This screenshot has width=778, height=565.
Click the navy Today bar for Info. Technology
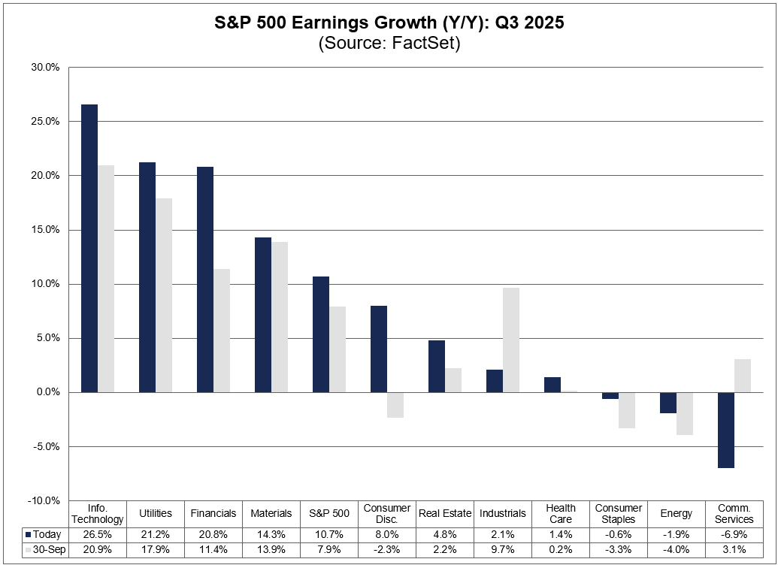[89, 248]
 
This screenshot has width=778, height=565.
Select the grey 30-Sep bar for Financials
[222, 331]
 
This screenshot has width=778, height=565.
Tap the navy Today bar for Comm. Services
[725, 430]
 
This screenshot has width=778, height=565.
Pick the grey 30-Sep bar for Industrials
[511, 340]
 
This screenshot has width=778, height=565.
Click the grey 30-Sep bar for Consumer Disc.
[395, 405]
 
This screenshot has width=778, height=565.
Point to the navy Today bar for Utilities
[147, 277]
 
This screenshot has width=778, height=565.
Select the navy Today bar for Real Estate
[437, 366]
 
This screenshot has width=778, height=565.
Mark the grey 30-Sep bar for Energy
[685, 414]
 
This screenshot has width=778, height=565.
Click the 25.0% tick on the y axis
[44, 121]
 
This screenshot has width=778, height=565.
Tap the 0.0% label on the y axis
[47, 392]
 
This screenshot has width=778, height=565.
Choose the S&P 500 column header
[329, 513]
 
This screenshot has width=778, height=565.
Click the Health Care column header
[561, 513]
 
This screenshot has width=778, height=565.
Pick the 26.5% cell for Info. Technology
[98, 534]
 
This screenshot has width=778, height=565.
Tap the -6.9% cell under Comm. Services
[734, 534]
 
